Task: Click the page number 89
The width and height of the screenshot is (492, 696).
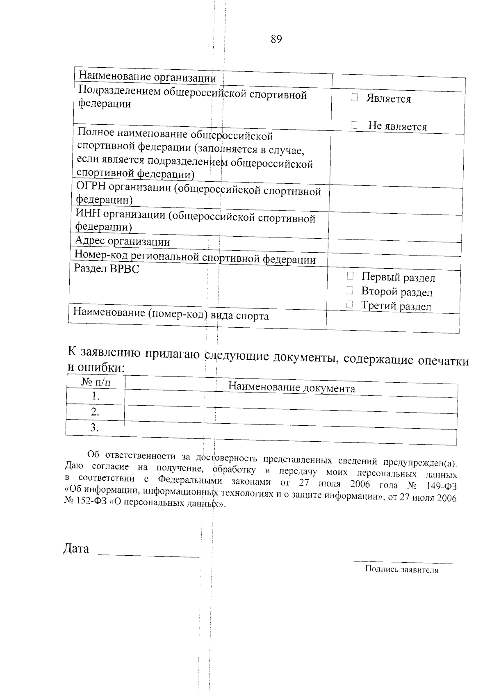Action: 276,39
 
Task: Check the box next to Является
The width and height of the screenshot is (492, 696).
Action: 355,98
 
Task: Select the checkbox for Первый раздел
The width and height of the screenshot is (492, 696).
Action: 350,276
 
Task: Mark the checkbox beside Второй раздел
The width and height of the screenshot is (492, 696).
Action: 349,290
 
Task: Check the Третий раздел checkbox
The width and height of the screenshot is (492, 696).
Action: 349,304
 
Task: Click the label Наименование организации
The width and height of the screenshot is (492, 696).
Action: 147,76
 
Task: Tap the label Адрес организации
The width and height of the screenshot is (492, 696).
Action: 122,241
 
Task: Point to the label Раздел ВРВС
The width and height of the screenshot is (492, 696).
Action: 106,269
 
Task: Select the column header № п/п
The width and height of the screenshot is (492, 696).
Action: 96,382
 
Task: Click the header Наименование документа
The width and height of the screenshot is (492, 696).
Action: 292,388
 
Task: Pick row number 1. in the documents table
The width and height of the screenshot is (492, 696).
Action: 96,396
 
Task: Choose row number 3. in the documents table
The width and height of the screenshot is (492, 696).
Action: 95,427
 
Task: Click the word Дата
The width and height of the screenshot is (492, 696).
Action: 76,549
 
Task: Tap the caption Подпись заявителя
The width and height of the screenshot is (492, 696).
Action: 401,570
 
